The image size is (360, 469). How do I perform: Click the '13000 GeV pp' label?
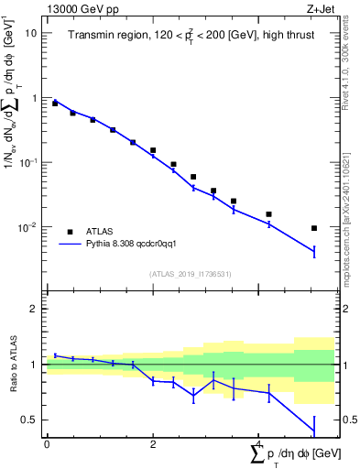click(82, 8)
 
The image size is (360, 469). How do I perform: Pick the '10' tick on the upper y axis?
click(30, 33)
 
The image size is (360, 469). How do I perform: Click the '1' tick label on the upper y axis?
click(34, 98)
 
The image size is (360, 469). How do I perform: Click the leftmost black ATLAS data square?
click(55, 104)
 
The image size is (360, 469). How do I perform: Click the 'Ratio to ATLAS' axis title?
click(11, 365)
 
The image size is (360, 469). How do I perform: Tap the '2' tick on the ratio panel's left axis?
click(34, 309)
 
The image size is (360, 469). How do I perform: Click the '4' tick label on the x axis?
click(259, 443)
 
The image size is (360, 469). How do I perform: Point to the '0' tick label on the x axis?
click(47, 443)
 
